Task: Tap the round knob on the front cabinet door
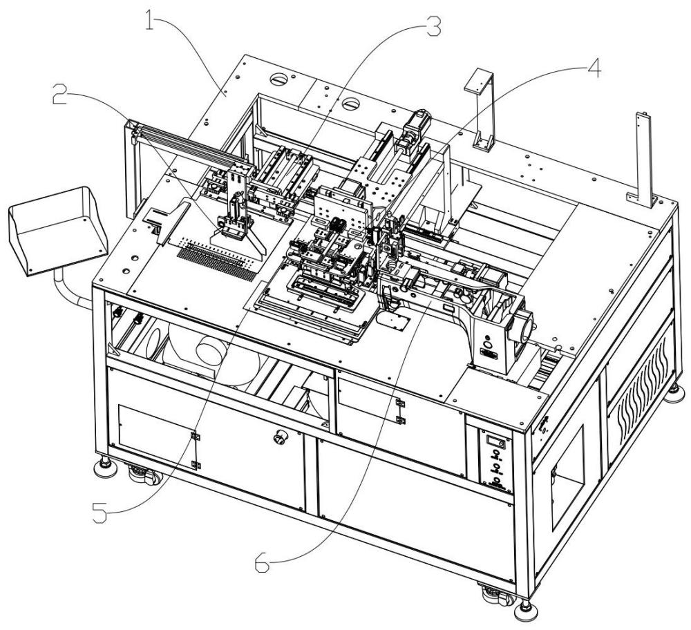point(281,436)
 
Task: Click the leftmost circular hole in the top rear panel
point(281,80)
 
